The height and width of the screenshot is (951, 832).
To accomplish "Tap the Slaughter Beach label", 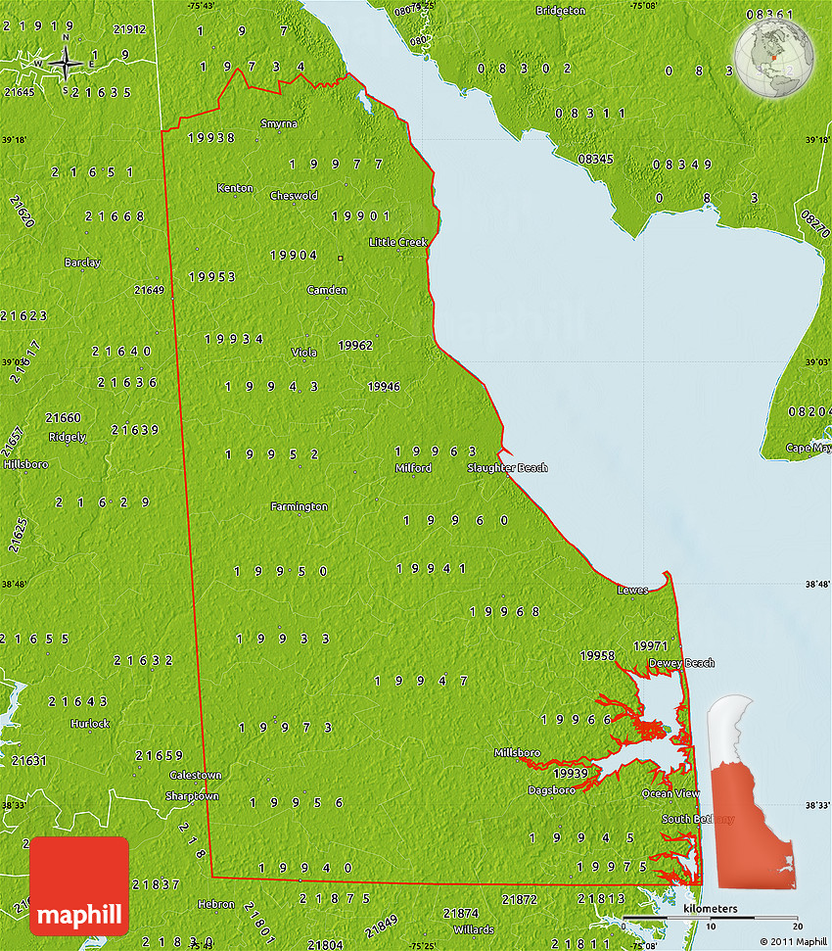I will pyautogui.click(x=507, y=468).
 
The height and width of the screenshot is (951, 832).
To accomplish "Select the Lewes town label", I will pyautogui.click(x=632, y=591).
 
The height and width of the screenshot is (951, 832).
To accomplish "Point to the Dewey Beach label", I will pyautogui.click(x=681, y=663).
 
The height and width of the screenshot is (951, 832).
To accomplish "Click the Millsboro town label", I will pyautogui.click(x=518, y=753).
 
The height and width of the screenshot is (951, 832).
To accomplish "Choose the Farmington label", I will pyautogui.click(x=300, y=506).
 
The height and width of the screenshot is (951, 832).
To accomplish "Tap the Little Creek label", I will pyautogui.click(x=398, y=242).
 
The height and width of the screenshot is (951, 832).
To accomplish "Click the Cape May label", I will pyautogui.click(x=809, y=448).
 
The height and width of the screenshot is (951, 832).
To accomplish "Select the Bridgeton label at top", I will pyautogui.click(x=561, y=11).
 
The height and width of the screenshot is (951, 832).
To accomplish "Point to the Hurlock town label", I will pyautogui.click(x=90, y=724).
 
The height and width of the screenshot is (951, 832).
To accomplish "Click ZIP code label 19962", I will pyautogui.click(x=355, y=346).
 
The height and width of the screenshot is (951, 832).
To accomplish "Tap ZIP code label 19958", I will pyautogui.click(x=597, y=655).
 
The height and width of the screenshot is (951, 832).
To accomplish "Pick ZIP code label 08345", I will pyautogui.click(x=595, y=159).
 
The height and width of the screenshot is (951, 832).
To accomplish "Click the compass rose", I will pyautogui.click(x=66, y=65).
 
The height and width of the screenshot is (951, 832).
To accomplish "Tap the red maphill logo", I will pyautogui.click(x=79, y=885).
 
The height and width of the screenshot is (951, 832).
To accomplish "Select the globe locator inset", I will pyautogui.click(x=775, y=58).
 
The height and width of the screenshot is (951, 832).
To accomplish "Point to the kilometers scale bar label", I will pyautogui.click(x=711, y=910).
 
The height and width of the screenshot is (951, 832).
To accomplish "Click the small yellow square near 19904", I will pyautogui.click(x=340, y=259).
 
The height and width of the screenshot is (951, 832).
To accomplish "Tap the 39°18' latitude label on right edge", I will pyautogui.click(x=816, y=141).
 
